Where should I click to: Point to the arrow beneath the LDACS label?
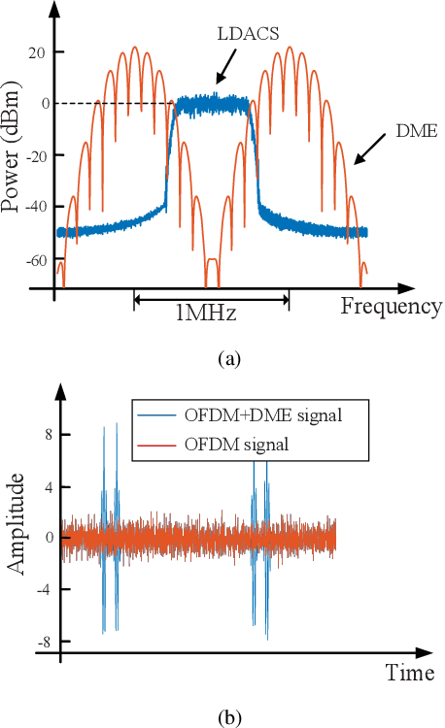[223, 67]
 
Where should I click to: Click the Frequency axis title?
[392, 307]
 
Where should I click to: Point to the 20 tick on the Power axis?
[38, 51]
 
